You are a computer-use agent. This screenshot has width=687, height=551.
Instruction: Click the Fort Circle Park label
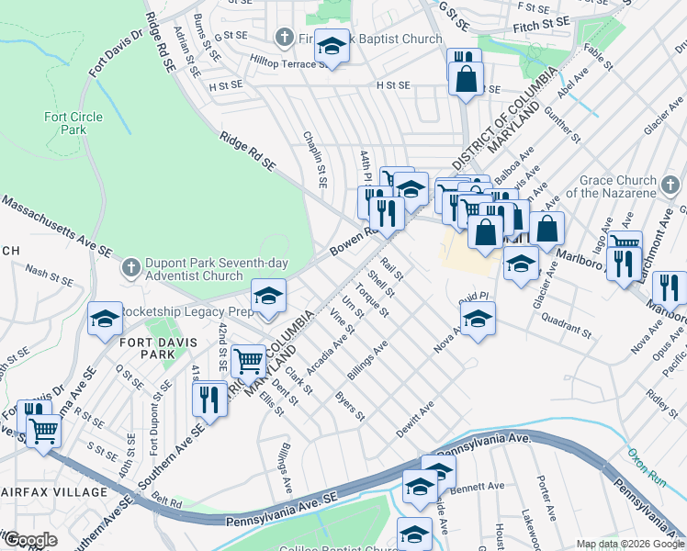point(65,123)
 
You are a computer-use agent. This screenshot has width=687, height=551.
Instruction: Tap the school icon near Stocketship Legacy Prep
point(269,296)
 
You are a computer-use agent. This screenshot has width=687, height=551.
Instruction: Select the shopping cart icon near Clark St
point(248,361)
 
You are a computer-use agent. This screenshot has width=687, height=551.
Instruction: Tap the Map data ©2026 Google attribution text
point(629,544)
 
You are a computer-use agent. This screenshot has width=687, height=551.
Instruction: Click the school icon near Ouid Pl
point(477,319)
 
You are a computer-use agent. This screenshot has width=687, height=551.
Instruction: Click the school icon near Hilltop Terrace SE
point(332,45)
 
